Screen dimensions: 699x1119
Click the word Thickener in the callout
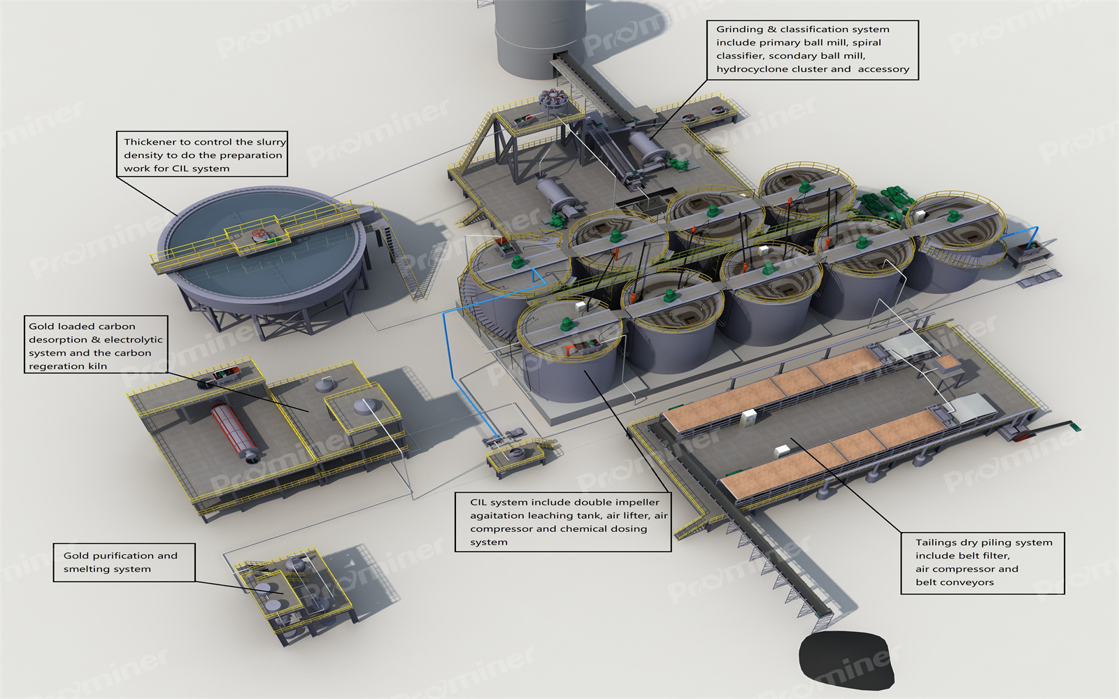point(149,142)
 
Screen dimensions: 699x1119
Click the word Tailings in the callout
point(937,542)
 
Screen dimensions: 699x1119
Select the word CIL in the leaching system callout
point(478,503)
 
